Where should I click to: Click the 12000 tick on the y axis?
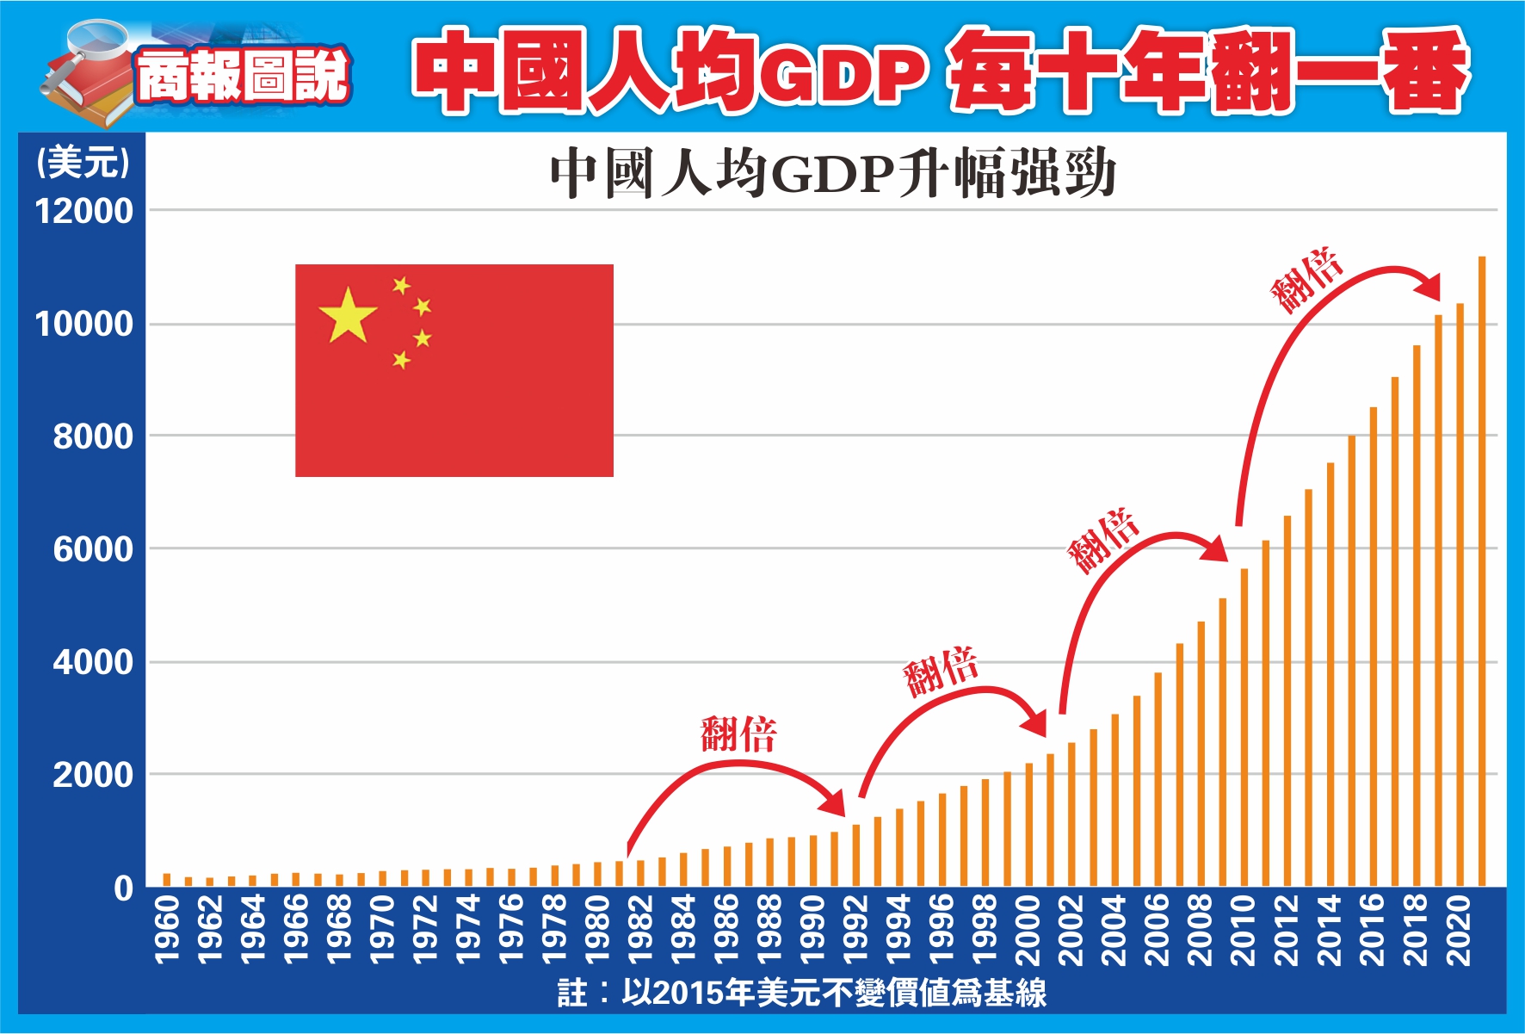click(x=84, y=212)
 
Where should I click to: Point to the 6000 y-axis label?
click(x=93, y=549)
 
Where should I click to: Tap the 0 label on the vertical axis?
click(x=124, y=888)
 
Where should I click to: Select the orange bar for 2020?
click(x=1460, y=594)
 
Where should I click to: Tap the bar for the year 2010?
click(x=1244, y=728)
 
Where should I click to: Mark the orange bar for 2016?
click(x=1374, y=646)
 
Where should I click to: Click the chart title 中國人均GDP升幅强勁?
click(x=832, y=173)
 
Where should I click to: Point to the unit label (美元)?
click(x=83, y=162)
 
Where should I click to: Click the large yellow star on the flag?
click(x=348, y=315)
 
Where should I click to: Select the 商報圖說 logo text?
click(x=243, y=76)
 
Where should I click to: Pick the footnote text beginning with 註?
click(x=801, y=993)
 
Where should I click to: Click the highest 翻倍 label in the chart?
click(x=1306, y=280)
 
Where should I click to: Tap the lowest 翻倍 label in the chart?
click(x=738, y=734)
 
